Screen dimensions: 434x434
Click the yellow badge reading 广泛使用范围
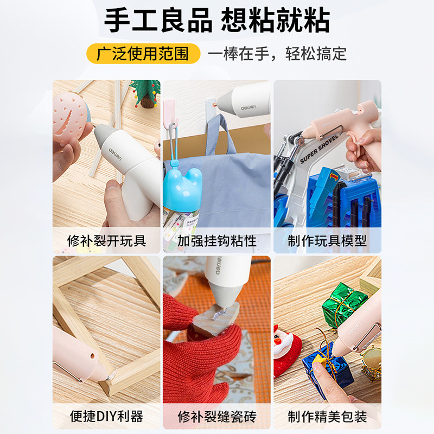coord(143,53)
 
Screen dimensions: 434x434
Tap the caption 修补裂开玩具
coord(106,241)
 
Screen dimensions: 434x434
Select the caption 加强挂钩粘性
coord(216,241)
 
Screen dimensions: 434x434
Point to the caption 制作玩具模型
coord(327,241)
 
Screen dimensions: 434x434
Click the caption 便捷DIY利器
coord(106,416)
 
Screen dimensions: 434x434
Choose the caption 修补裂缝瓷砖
coord(216,416)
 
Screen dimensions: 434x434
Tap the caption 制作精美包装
coord(327,416)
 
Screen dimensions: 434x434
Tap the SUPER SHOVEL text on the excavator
coord(319,149)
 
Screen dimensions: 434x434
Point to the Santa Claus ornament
coord(285,349)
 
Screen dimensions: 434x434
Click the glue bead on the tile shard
coord(220,314)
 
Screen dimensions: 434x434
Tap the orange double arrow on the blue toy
coord(334,176)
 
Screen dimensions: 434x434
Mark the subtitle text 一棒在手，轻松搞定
coord(277,53)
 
